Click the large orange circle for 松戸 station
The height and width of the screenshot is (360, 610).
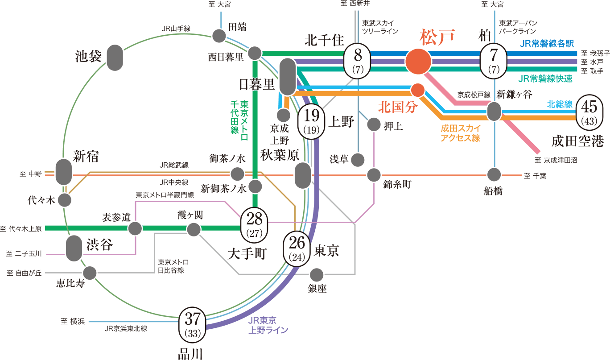(x=418, y=61)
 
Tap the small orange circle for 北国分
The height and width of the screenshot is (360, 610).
(x=418, y=90)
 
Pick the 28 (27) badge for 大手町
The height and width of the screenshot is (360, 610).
(x=254, y=224)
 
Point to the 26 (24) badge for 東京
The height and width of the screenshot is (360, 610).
(x=297, y=248)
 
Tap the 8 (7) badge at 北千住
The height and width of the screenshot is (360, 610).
(x=358, y=61)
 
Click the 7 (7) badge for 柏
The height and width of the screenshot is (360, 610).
(x=494, y=61)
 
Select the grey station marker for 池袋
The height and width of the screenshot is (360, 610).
(x=115, y=57)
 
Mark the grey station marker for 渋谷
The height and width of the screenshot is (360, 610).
(x=74, y=249)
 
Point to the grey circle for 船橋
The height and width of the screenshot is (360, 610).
(x=494, y=174)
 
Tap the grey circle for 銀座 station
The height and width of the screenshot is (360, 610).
(x=317, y=274)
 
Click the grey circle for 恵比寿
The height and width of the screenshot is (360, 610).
(x=90, y=273)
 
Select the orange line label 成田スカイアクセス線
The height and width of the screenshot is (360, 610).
(x=461, y=133)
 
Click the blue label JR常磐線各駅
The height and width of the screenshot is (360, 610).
(x=547, y=44)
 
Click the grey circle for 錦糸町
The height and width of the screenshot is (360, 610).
(x=374, y=175)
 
